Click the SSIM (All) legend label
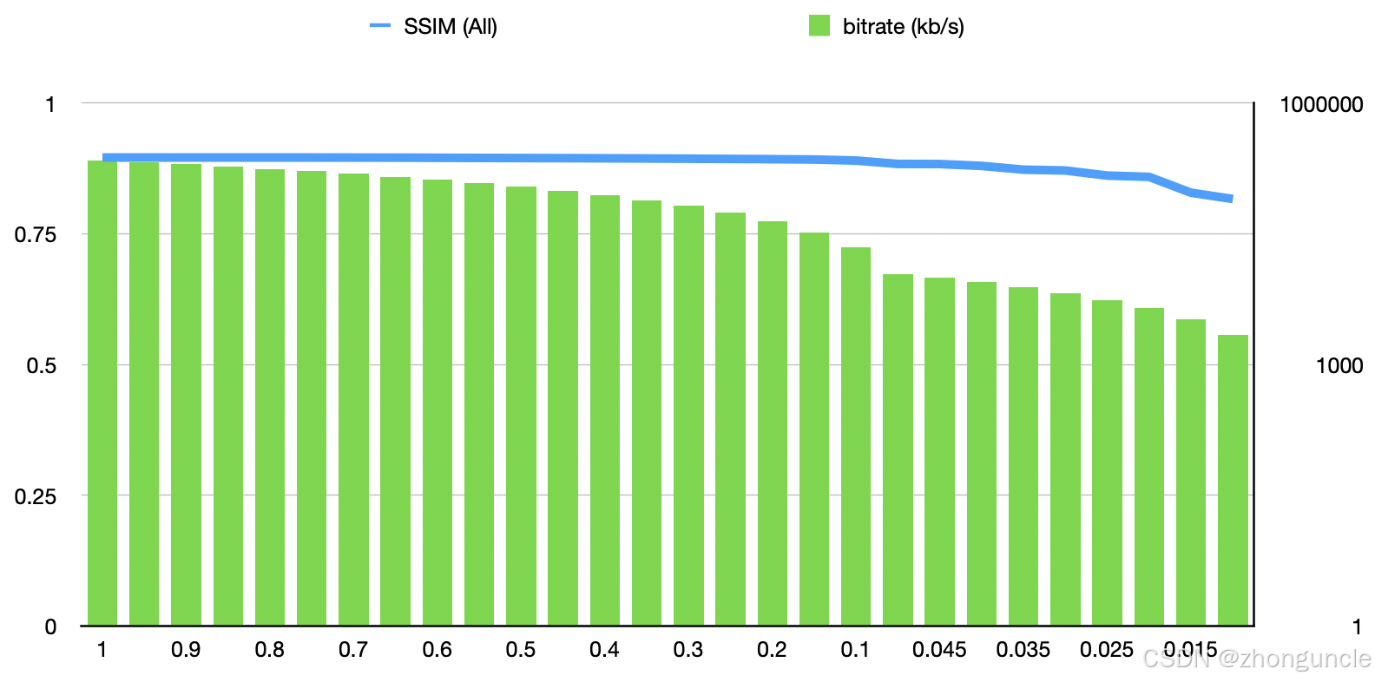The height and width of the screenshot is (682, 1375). point(450,27)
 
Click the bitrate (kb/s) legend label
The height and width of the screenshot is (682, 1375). point(903,27)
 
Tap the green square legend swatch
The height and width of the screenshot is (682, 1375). point(819,26)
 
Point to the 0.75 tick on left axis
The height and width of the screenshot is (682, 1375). point(36,235)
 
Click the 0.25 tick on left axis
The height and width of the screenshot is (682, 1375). point(36,496)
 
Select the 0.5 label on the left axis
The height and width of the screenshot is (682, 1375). point(42,365)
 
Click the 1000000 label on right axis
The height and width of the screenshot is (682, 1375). point(1321,105)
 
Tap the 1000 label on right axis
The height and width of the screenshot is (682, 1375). point(1339,365)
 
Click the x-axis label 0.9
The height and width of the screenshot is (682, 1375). point(186,650)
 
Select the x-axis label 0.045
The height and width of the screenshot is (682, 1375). point(939,650)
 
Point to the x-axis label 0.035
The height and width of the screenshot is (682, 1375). point(1023,650)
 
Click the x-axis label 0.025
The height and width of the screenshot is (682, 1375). point(1107,650)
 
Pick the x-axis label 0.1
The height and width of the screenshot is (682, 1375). point(855,650)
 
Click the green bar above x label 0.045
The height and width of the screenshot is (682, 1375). point(939,451)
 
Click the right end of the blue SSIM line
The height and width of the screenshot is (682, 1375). point(1230,199)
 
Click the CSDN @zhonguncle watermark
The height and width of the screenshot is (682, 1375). point(1256,659)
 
